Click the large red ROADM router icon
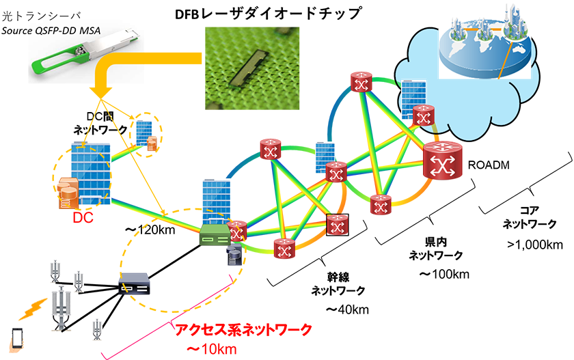(443, 162)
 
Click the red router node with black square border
(337, 224)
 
